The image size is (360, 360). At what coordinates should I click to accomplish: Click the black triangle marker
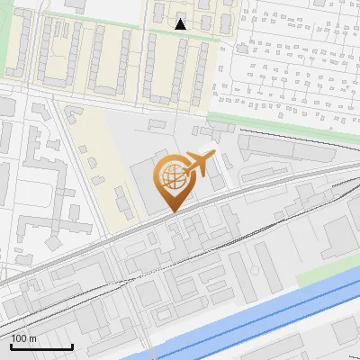coord(181,24)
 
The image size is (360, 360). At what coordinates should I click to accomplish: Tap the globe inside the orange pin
coord(172,176)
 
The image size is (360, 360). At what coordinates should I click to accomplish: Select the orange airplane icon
coord(200,164)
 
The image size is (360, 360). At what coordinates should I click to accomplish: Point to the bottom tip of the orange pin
coord(172,212)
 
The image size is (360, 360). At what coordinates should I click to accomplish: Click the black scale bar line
coord(41,347)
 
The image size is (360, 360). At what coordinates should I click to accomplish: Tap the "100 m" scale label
coord(24,338)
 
